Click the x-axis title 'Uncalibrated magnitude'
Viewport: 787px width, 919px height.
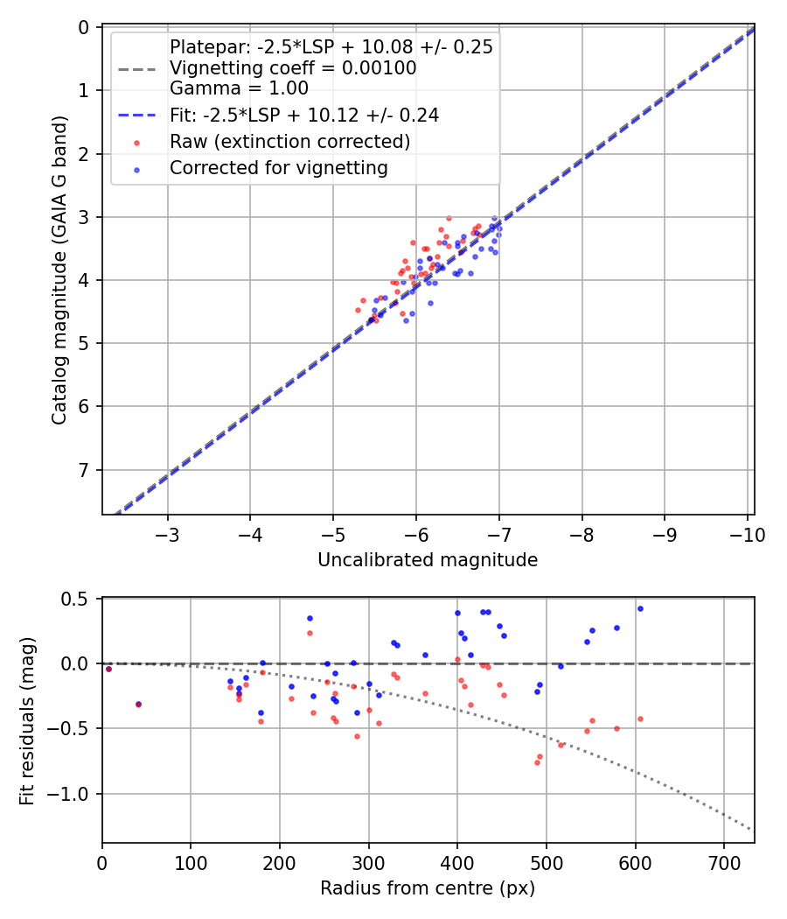[427, 559]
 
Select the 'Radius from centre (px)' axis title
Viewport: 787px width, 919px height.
[427, 888]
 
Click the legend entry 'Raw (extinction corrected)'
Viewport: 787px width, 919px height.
[289, 141]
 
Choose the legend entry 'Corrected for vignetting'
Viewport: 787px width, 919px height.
[279, 167]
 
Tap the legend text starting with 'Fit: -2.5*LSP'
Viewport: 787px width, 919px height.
[303, 115]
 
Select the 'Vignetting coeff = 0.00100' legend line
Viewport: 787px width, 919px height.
[293, 67]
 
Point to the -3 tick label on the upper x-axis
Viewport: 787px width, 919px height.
[168, 534]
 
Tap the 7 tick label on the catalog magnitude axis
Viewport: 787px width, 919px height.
[85, 470]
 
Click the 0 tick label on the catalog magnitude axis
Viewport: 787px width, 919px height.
[85, 27]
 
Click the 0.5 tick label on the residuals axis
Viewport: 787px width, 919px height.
[79, 599]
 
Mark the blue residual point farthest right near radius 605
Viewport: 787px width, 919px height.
[640, 608]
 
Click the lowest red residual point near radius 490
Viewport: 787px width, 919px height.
[537, 762]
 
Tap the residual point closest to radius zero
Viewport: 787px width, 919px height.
[108, 669]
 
